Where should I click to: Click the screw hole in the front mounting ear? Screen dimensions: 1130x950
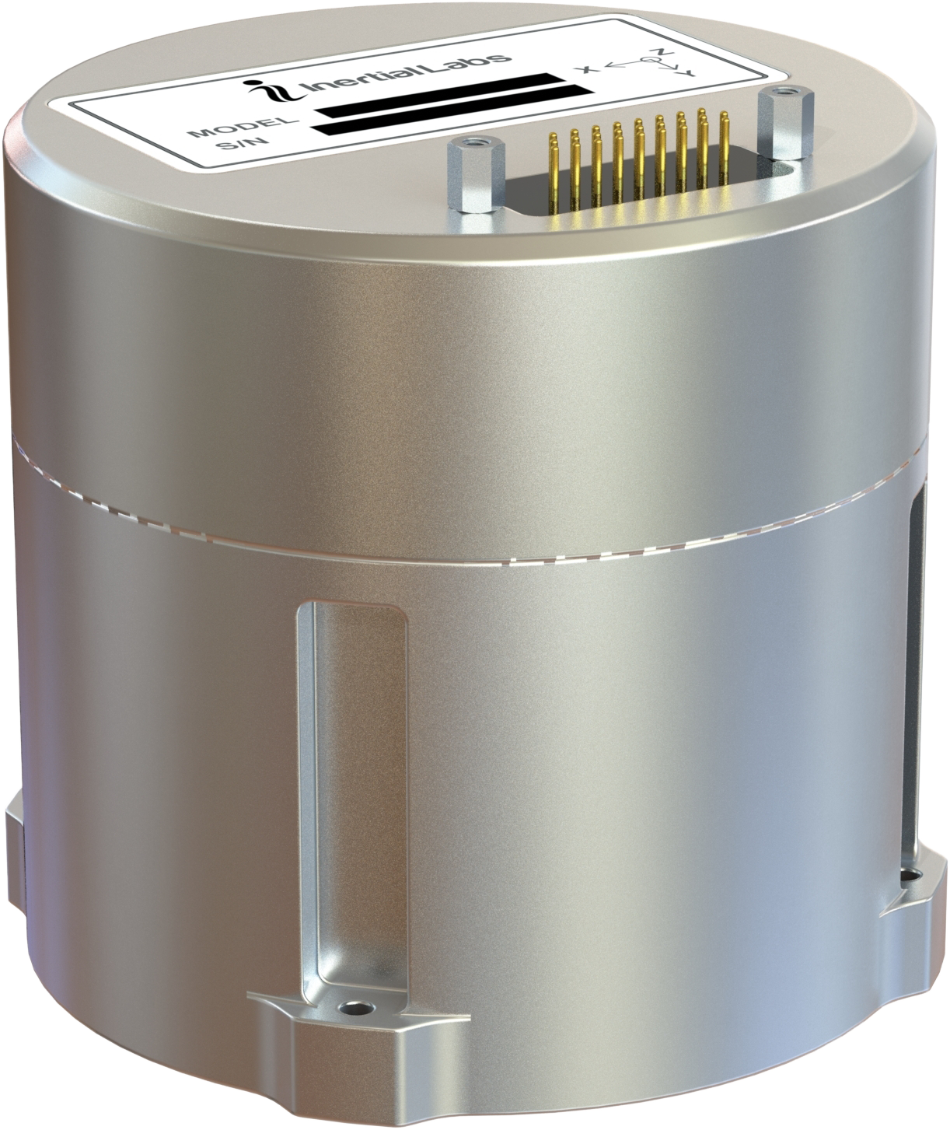[357, 1009]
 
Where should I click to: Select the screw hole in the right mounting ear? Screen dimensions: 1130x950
[907, 877]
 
